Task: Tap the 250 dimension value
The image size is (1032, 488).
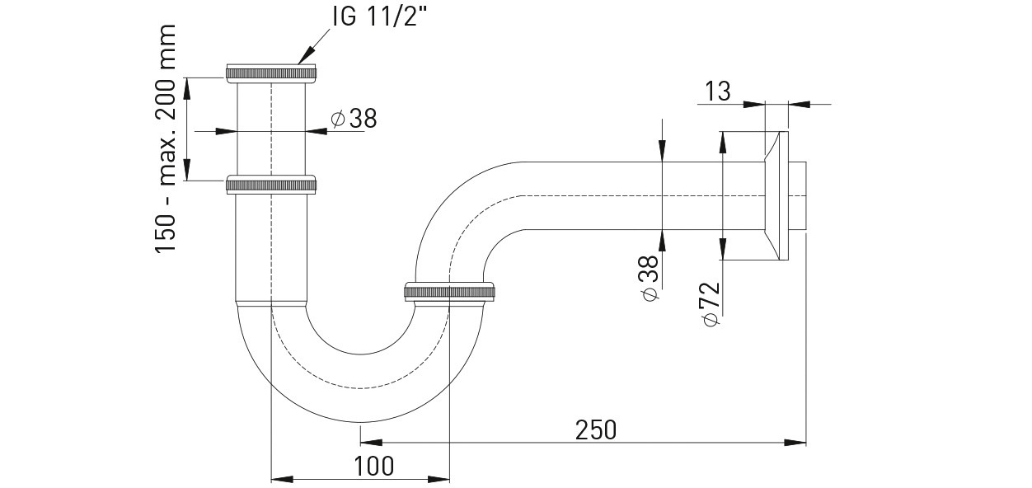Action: click(595, 430)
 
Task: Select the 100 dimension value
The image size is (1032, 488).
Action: click(373, 466)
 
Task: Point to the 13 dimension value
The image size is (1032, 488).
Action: click(718, 91)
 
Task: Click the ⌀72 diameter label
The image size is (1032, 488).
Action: click(711, 304)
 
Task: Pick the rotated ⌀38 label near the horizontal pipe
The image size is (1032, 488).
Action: click(649, 278)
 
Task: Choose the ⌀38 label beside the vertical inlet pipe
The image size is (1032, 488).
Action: click(354, 119)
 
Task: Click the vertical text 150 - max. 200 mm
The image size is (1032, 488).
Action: click(166, 138)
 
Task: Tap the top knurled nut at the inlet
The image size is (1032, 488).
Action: click(271, 73)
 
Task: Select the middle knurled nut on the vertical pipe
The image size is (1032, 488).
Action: click(271, 185)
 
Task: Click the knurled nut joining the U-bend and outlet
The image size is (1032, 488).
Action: click(450, 292)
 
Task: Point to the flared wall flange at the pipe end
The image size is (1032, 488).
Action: click(776, 196)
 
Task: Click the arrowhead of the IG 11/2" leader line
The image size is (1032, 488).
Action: click(305, 57)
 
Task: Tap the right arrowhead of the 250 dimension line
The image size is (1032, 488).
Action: click(795, 443)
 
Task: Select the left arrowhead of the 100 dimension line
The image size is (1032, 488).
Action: click(283, 479)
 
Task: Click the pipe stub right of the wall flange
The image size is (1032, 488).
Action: click(798, 196)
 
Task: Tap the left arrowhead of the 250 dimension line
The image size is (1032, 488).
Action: click(371, 443)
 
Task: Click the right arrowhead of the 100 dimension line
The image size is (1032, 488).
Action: click(439, 479)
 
